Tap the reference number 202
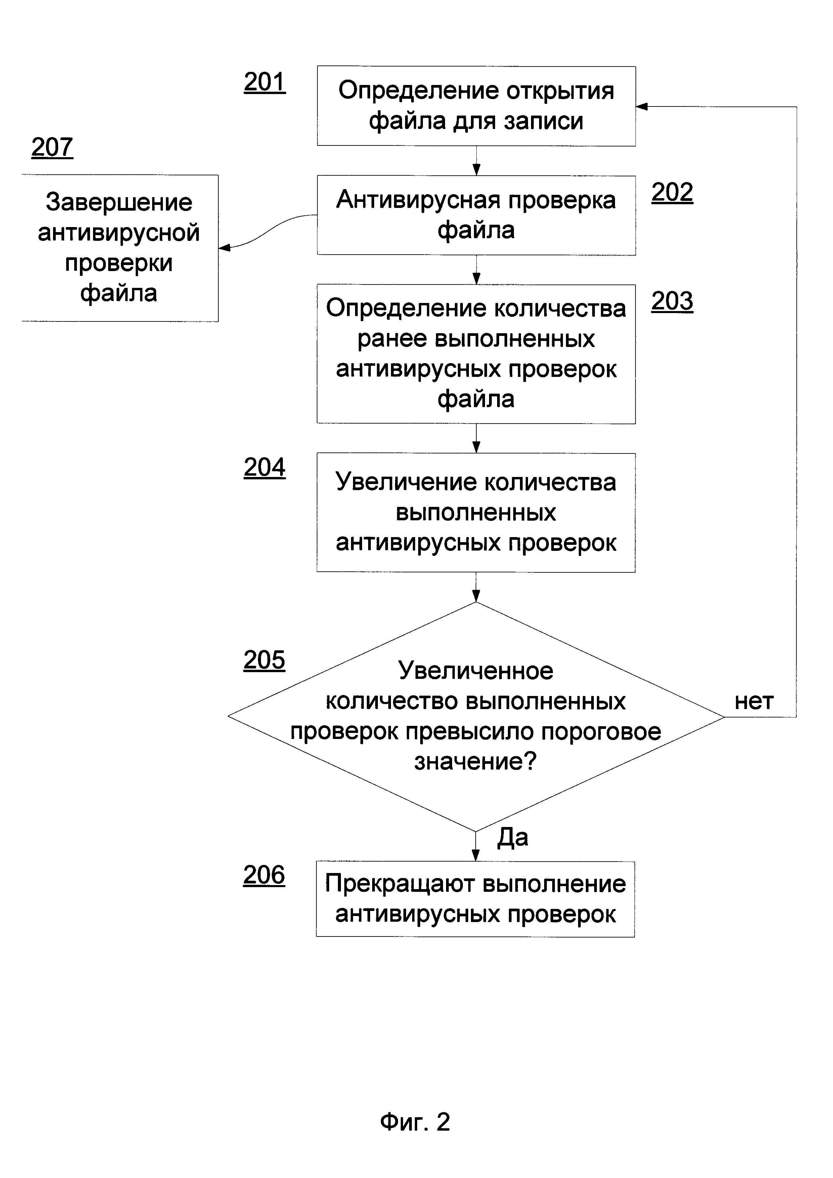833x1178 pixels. point(672,192)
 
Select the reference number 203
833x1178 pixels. point(672,301)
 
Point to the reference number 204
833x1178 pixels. point(264,467)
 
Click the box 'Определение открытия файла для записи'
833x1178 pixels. point(476,106)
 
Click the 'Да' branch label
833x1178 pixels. point(513,837)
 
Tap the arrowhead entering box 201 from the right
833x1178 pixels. point(642,107)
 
